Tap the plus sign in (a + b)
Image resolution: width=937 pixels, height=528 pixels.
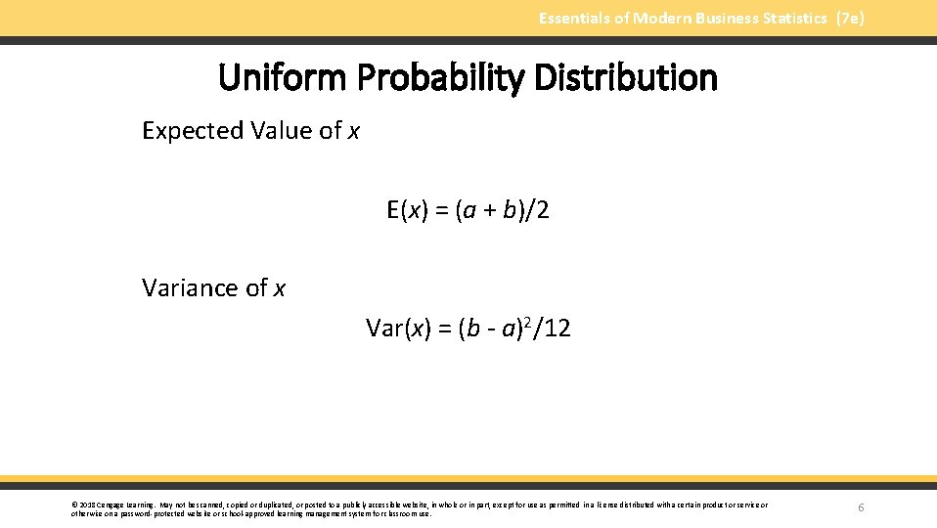pyautogui.click(x=485, y=211)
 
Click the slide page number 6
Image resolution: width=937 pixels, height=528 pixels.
pyautogui.click(x=861, y=507)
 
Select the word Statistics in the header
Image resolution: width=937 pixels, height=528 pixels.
pyautogui.click(x=788, y=19)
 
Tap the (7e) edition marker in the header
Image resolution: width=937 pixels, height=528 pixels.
pyautogui.click(x=850, y=19)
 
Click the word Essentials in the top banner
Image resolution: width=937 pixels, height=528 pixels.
pyautogui.click(x=574, y=19)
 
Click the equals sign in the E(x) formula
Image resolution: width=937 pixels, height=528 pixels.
pyautogui.click(x=442, y=211)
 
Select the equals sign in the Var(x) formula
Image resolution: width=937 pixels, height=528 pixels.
pyautogui.click(x=442, y=330)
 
